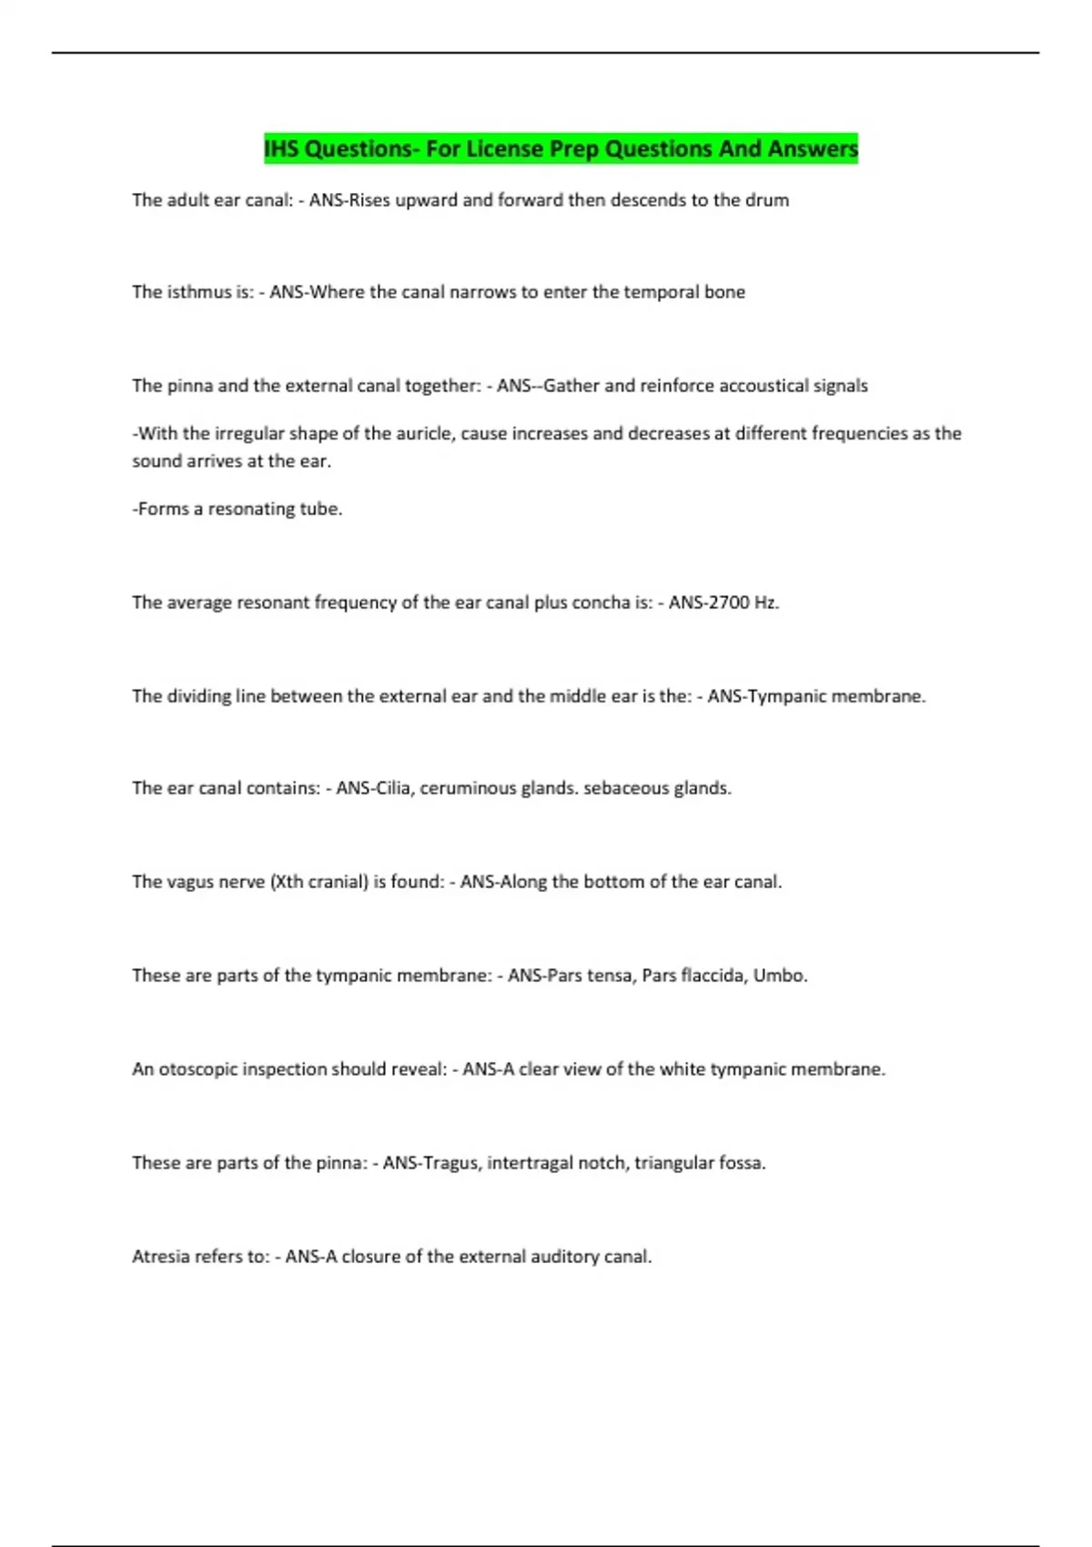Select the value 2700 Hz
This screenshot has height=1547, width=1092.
[x=736, y=602]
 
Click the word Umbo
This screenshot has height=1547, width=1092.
[x=780, y=976]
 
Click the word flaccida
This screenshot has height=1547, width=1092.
[x=713, y=976]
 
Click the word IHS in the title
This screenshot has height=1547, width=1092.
[x=281, y=148]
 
